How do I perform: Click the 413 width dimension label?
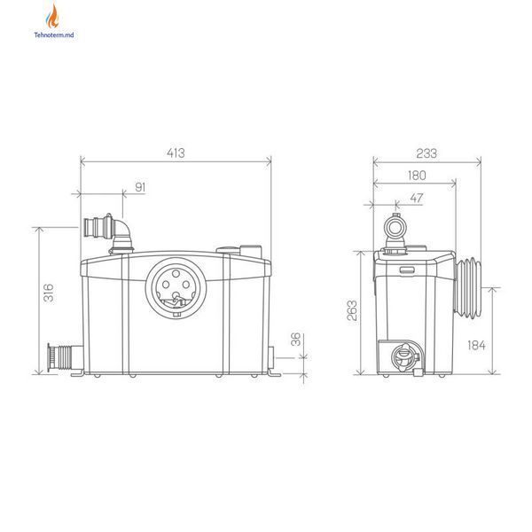[x=176, y=153]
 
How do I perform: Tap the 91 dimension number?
[x=140, y=187]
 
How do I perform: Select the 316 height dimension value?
[x=49, y=293]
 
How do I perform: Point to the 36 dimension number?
[x=296, y=339]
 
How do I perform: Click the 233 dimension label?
[x=426, y=153]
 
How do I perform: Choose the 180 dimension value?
[x=417, y=176]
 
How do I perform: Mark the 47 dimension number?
[x=417, y=198]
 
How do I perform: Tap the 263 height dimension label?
[x=352, y=310]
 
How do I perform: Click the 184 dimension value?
[x=476, y=346]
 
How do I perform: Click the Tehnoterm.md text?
[x=53, y=35]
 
